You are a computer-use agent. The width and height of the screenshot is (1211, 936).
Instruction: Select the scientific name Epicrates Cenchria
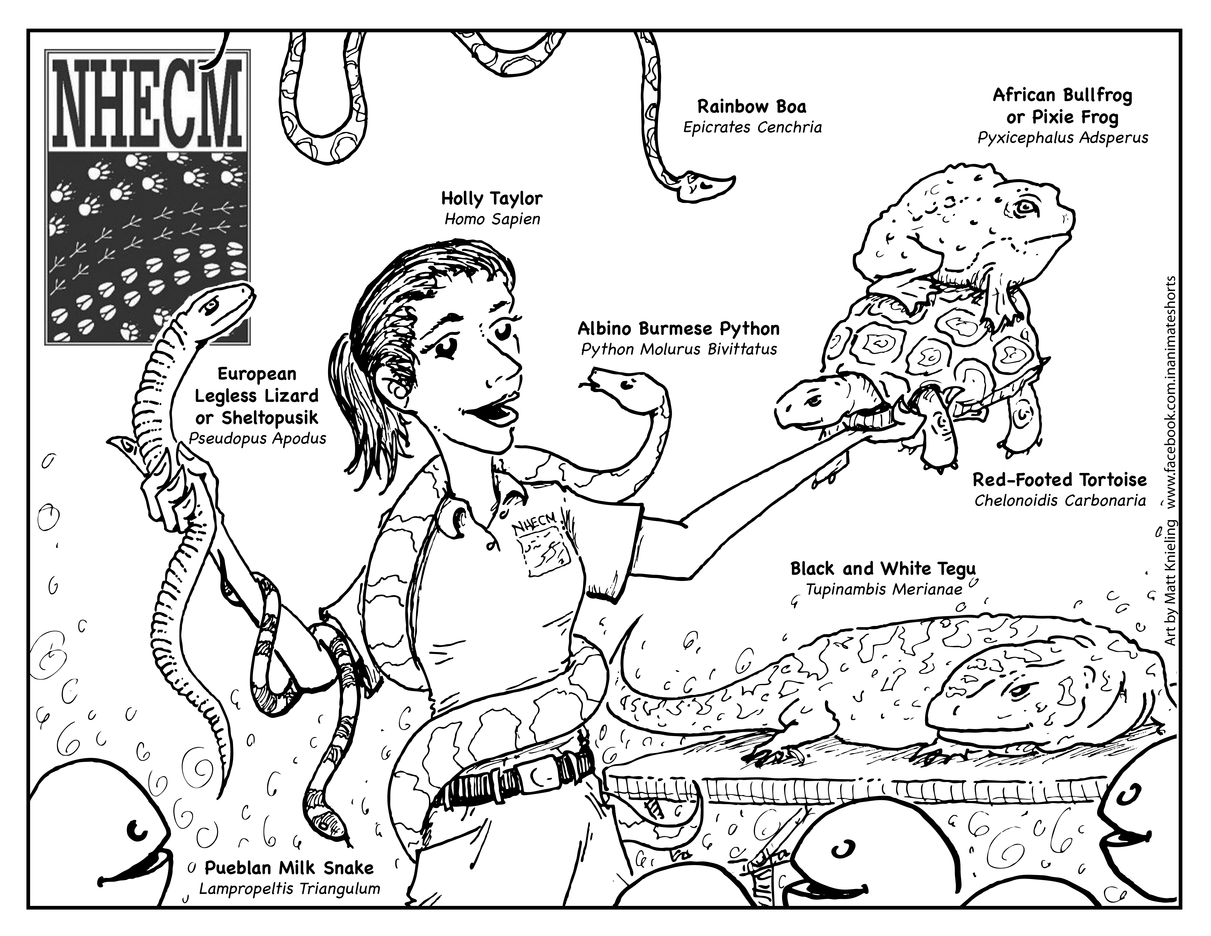(752, 128)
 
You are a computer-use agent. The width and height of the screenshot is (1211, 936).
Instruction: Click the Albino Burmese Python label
(679, 329)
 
